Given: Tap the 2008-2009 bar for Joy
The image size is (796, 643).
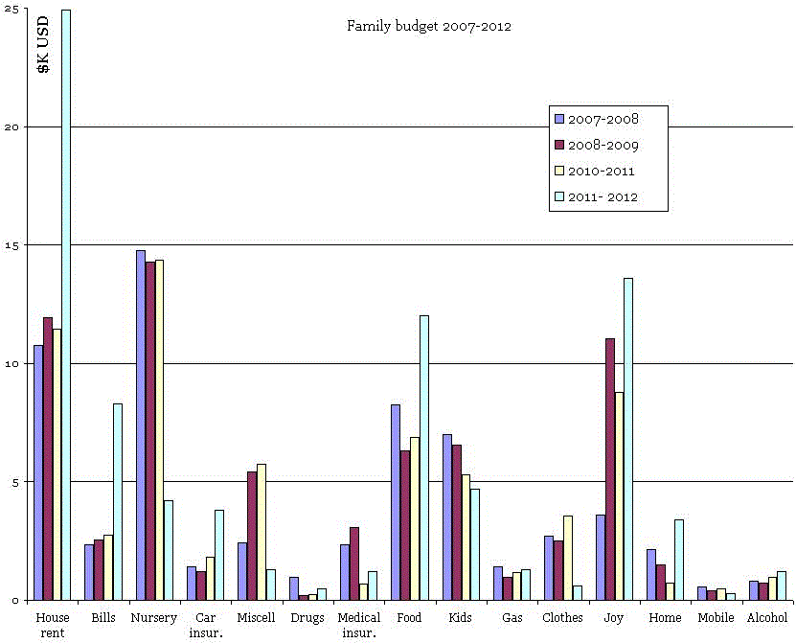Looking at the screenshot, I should [x=609, y=469].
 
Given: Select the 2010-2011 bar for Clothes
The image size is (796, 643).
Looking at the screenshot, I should [x=568, y=557].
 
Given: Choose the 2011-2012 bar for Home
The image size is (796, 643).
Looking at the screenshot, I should [x=679, y=559].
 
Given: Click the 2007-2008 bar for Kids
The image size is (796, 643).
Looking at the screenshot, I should [x=447, y=517].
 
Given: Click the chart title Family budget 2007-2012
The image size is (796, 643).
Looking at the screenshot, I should [x=428, y=26].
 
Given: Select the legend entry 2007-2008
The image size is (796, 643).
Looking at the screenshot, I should [x=603, y=120].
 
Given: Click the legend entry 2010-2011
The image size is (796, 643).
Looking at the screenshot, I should [x=602, y=172].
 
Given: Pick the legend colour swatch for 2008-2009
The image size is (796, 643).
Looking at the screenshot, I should [x=559, y=146].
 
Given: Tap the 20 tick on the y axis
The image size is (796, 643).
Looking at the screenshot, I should [x=11, y=126].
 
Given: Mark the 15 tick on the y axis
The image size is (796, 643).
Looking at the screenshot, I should [x=11, y=244].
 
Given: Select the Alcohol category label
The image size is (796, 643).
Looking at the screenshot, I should [x=766, y=618].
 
